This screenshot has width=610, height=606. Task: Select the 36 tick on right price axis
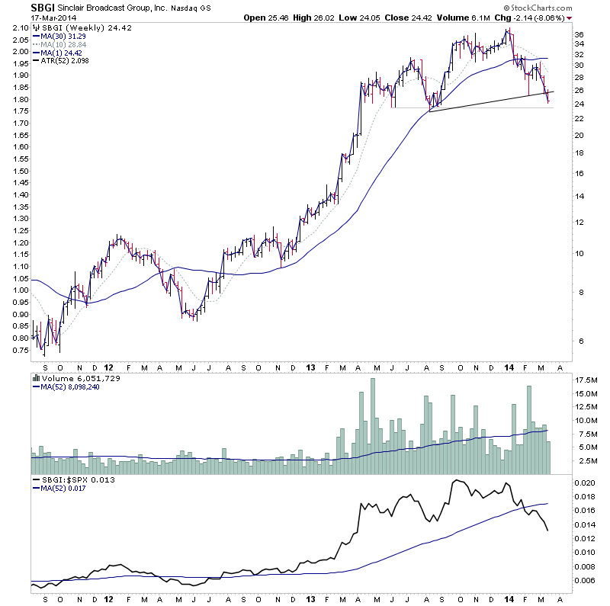coord(579,35)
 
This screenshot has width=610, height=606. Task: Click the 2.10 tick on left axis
coord(21,27)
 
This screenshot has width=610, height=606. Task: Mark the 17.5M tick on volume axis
coord(586,380)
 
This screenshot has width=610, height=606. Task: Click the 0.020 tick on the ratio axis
coord(584,483)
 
